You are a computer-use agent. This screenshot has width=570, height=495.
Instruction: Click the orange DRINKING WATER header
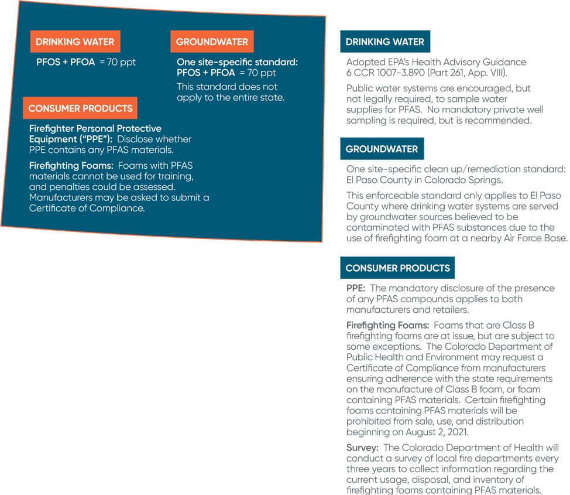75,42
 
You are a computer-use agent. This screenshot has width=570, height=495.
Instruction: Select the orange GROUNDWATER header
212,42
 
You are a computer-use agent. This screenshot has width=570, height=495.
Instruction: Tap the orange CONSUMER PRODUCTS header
80,108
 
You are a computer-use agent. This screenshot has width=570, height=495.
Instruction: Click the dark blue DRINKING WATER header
385,42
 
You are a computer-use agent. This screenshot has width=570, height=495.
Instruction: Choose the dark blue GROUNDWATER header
382,149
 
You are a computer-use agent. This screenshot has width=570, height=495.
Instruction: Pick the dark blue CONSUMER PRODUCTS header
397,268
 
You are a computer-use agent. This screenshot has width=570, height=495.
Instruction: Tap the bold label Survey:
362,448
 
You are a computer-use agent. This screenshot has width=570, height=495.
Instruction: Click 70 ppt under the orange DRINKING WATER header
121,62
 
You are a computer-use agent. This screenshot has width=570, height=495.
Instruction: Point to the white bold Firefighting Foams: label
71,166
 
